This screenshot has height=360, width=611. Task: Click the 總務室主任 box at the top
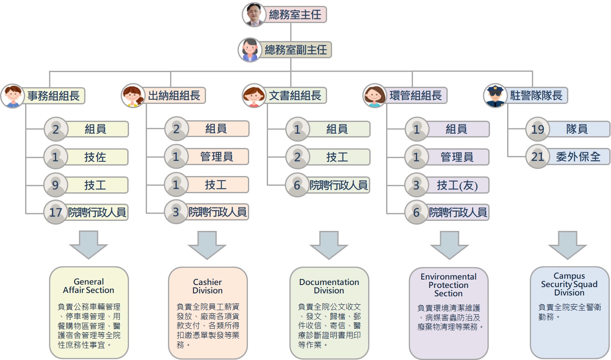295,15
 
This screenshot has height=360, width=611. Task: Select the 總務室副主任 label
296,50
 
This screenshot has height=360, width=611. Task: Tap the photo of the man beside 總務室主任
253,15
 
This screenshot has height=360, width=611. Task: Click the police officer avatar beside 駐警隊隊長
495,96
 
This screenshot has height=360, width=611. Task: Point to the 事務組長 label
54,96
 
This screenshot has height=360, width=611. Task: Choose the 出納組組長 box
174,96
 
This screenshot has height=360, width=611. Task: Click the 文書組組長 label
295,96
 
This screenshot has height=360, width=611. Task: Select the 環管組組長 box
415,96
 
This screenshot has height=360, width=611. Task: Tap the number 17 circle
55,212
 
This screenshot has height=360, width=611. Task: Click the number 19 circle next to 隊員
537,129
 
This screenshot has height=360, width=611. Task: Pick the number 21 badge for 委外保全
537,157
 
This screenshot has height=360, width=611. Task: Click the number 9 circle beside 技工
55,185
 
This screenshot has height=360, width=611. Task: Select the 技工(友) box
457,185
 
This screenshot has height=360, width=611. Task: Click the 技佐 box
95,157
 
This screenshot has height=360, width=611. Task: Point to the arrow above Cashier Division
207,245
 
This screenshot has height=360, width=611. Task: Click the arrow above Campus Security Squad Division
568,245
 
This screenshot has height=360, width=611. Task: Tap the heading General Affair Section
88,286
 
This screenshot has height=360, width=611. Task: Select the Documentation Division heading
329,286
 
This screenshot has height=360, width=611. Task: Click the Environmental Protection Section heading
449,285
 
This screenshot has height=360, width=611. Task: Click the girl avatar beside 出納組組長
133,96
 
